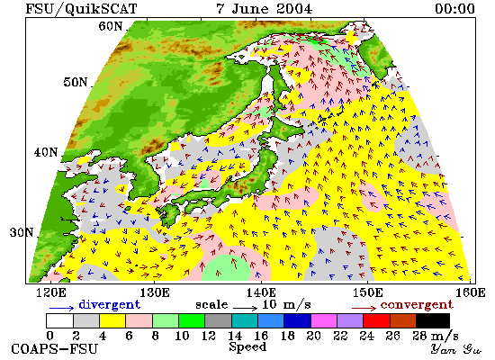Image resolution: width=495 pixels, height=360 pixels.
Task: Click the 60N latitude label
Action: click(x=111, y=26)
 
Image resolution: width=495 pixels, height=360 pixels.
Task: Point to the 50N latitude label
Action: click(x=76, y=82)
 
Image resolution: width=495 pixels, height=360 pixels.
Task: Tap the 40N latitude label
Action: click(x=46, y=152)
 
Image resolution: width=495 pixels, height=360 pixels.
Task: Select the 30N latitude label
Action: click(x=22, y=232)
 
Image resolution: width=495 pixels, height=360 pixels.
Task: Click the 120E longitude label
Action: click(x=51, y=292)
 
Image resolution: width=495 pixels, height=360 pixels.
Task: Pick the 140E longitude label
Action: click(x=261, y=292)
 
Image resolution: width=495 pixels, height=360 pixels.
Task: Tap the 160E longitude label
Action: click(x=471, y=292)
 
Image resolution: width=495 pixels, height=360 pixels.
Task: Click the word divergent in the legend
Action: click(x=109, y=304)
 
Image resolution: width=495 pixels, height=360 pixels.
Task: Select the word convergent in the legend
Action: click(x=417, y=305)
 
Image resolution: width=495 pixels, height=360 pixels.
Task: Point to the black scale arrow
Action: click(x=246, y=307)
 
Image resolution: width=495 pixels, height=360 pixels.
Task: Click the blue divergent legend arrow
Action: click(x=61, y=308)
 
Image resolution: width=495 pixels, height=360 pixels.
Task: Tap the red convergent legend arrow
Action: click(x=364, y=308)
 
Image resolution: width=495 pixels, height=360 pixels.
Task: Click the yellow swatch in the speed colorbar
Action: click(x=112, y=320)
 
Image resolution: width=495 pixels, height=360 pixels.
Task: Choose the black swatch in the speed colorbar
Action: click(x=433, y=320)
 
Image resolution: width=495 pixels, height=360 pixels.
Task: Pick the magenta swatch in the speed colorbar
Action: click(x=324, y=320)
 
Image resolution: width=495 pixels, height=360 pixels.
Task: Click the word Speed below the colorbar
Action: click(x=247, y=347)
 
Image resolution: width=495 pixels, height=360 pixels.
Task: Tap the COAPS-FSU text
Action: click(x=54, y=349)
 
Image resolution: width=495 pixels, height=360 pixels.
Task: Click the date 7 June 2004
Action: click(x=265, y=8)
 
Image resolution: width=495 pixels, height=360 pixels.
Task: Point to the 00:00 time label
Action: click(x=454, y=8)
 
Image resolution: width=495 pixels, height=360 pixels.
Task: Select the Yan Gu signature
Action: click(x=455, y=349)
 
